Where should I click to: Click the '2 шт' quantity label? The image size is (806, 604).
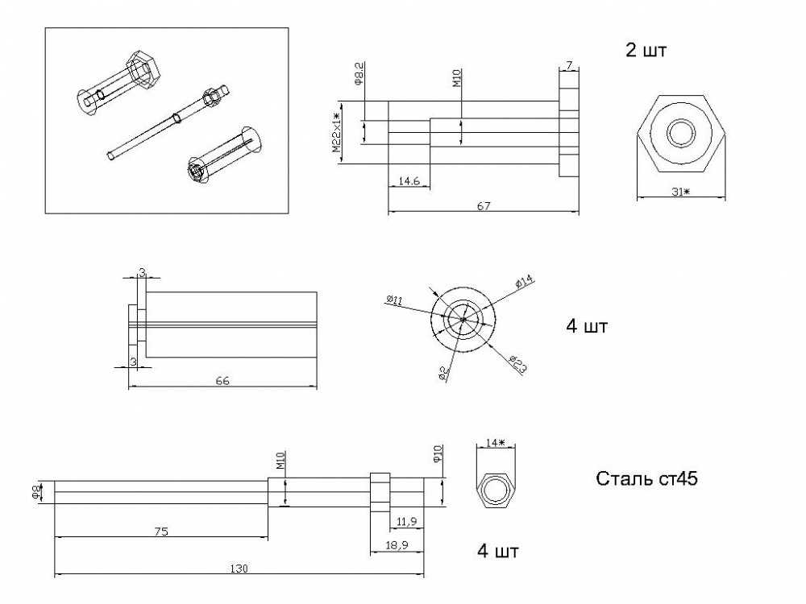click(x=646, y=50)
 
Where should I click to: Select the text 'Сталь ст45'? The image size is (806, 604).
click(x=646, y=479)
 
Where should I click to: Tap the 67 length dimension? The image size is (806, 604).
click(x=484, y=207)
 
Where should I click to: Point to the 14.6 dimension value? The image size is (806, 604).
click(x=409, y=182)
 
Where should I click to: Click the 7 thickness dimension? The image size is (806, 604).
click(x=568, y=64)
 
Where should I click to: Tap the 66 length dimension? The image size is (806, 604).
click(x=223, y=381)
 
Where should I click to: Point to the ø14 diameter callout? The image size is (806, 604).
click(x=524, y=281)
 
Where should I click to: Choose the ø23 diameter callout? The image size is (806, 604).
click(x=518, y=364)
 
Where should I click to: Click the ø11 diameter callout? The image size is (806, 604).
click(x=395, y=300)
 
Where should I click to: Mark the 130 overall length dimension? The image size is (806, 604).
click(x=239, y=569)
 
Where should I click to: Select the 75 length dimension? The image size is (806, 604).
click(x=160, y=531)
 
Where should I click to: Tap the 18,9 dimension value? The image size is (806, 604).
click(x=397, y=545)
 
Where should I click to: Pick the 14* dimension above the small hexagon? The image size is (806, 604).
click(x=495, y=443)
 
